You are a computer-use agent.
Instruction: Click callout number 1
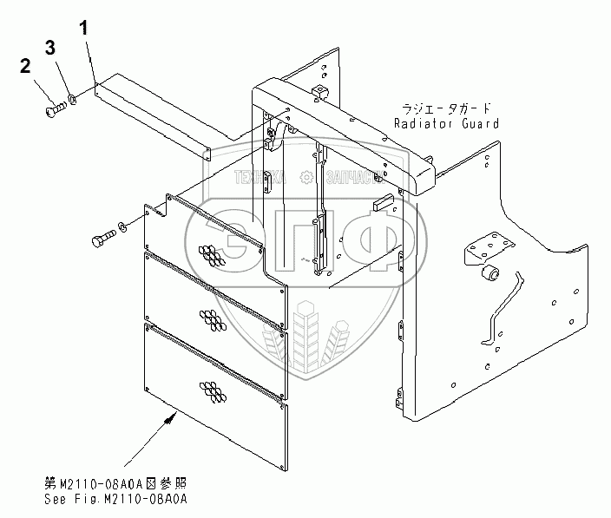84,27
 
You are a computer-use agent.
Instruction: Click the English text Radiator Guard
446,123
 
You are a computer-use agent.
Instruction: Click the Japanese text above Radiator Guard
446,108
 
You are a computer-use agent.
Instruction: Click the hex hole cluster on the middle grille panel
214,318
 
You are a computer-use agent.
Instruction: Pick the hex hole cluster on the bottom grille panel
214,390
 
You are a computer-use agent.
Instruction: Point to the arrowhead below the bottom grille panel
170,416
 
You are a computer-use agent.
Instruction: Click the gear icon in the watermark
306,177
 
